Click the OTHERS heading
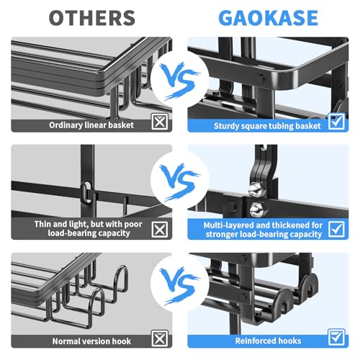click(92, 18)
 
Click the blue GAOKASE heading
click(269, 18)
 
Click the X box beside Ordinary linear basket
click(160, 122)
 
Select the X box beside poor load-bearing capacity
click(160, 229)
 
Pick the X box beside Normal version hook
click(160, 338)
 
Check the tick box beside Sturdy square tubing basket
click(336, 122)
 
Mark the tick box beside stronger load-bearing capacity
click(336, 229)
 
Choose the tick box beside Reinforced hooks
click(336, 337)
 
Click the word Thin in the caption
click(42, 224)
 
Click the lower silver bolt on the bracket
click(256, 209)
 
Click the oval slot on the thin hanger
click(85, 192)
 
